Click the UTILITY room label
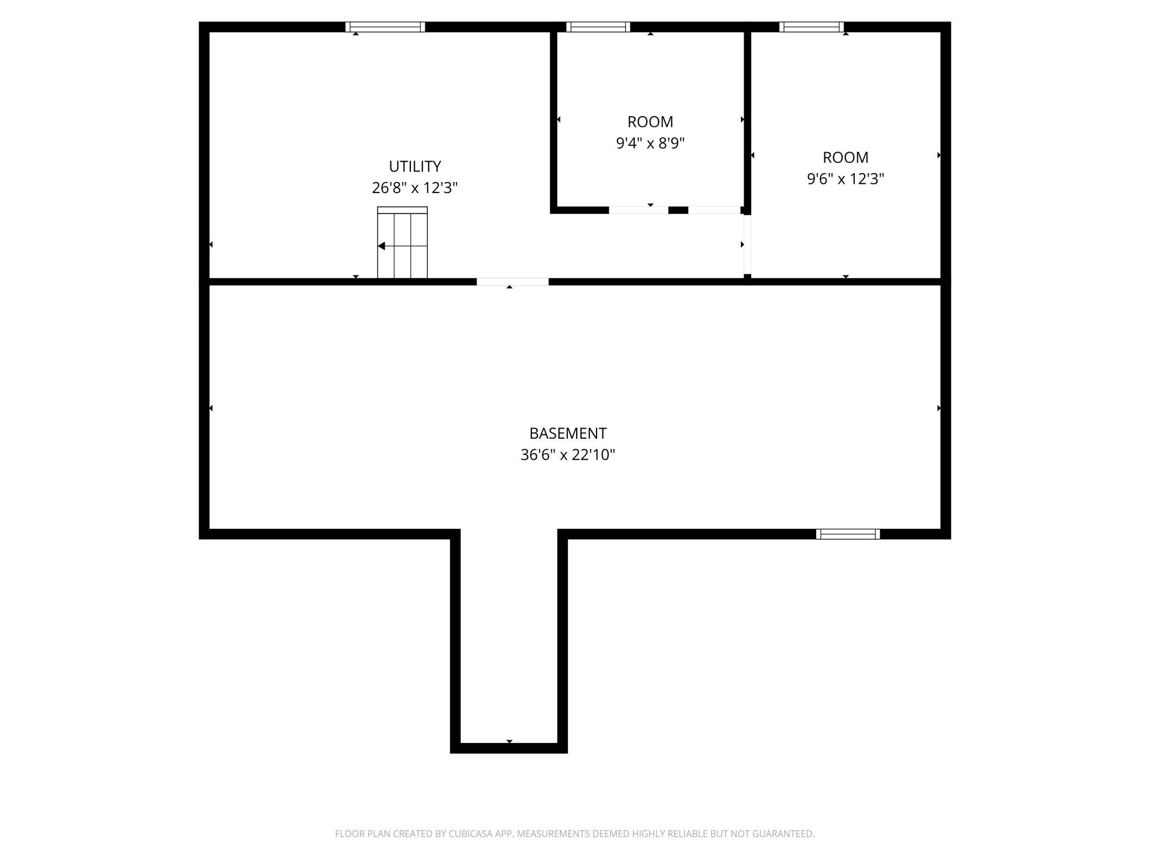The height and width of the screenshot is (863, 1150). tap(415, 167)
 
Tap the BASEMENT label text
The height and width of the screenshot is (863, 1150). tap(568, 433)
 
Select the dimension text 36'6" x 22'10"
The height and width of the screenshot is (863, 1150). tap(568, 455)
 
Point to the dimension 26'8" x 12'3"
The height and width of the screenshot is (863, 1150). tap(415, 188)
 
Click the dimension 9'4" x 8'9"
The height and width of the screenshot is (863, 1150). tap(650, 143)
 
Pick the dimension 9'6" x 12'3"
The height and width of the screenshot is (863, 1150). tap(845, 179)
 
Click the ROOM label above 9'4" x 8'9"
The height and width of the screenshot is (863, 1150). tap(650, 122)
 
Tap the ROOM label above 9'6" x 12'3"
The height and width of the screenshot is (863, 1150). tap(845, 158)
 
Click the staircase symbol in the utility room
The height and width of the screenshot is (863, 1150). tap(402, 242)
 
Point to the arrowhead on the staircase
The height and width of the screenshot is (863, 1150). tap(381, 246)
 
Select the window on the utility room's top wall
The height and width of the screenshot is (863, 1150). tap(385, 27)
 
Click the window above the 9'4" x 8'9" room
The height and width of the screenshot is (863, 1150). tap(598, 27)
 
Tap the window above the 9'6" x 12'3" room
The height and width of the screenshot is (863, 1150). tap(812, 27)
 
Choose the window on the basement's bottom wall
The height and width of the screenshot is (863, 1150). tap(848, 534)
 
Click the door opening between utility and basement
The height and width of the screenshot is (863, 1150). tap(513, 282)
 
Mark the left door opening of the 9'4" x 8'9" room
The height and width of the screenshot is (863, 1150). tap(639, 210)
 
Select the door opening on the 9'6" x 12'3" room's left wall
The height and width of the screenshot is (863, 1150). tap(747, 244)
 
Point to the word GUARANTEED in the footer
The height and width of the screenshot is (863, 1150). tap(786, 834)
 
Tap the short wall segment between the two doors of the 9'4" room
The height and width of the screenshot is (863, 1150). tap(678, 210)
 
